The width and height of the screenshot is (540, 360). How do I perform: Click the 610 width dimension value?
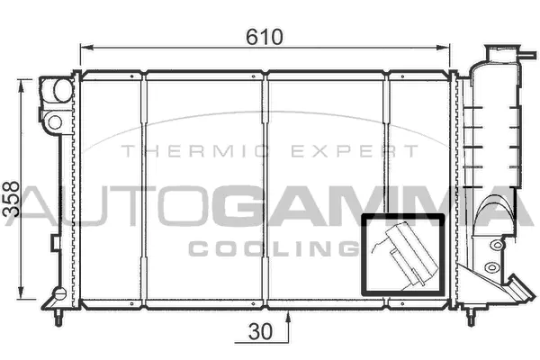pyautogui.click(x=265, y=37)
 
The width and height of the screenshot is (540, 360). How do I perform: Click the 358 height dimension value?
pyautogui.click(x=11, y=199)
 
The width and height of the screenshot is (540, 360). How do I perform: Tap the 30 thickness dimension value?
pyautogui.click(x=260, y=332)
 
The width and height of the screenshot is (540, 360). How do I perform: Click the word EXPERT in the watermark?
pyautogui.click(x=355, y=151)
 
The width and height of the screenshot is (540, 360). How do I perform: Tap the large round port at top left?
pyautogui.click(x=63, y=90)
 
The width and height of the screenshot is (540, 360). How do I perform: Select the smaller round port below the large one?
pyautogui.click(x=55, y=122)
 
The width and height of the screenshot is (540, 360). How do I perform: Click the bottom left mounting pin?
pyautogui.click(x=59, y=318)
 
